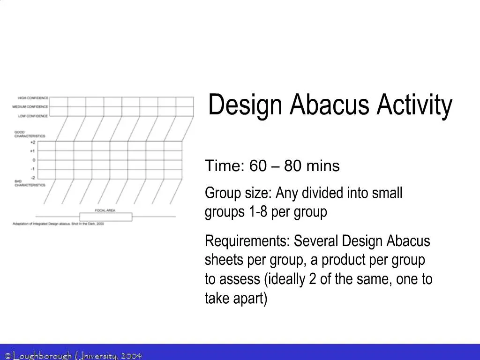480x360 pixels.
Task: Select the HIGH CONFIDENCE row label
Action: [x=33, y=98]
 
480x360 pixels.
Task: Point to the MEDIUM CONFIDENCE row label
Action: [x=30, y=107]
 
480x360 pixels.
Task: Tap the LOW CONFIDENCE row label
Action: [x=33, y=116]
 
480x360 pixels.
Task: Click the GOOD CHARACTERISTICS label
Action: [x=30, y=134]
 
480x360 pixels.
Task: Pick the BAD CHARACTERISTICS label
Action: [x=30, y=183]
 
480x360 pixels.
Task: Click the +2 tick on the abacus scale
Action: [x=32, y=142]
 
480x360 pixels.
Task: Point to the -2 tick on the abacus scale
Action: [x=33, y=178]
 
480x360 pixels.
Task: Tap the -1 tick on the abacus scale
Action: [x=33, y=169]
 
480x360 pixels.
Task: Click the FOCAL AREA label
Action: [x=105, y=210]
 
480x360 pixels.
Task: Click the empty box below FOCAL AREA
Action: [x=105, y=217]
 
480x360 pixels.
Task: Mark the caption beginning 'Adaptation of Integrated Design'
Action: [x=58, y=224]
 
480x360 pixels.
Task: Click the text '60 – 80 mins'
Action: [x=294, y=166]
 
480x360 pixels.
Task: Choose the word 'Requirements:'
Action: [x=247, y=241]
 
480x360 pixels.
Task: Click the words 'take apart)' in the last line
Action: [x=236, y=298]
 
